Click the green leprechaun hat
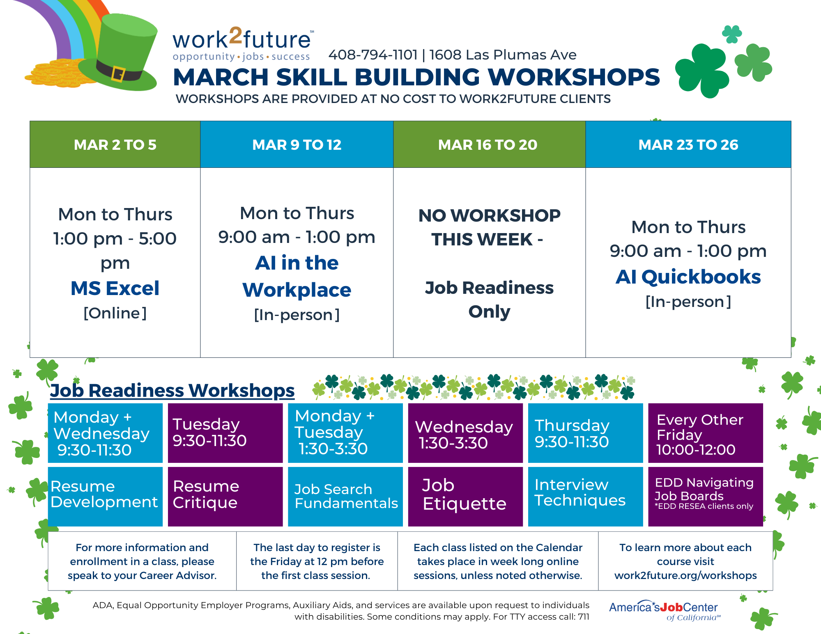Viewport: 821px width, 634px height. click(x=123, y=49)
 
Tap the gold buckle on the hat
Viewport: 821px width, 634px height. click(x=118, y=74)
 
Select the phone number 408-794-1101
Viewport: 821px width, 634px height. click(x=373, y=55)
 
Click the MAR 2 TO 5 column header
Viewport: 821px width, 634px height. click(x=115, y=144)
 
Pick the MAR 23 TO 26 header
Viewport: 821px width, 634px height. click(x=688, y=144)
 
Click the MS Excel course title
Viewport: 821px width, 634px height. click(x=115, y=288)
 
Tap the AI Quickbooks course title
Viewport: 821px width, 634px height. click(x=688, y=277)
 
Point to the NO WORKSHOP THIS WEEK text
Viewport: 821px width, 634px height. click(x=489, y=227)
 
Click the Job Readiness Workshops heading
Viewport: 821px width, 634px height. click(x=172, y=390)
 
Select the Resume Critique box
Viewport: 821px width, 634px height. click(x=225, y=496)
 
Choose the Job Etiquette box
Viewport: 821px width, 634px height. click(x=465, y=496)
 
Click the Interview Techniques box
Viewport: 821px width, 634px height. click(x=585, y=496)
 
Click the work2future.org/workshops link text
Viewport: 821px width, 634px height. click(x=685, y=575)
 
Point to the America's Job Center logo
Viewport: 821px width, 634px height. click(x=664, y=610)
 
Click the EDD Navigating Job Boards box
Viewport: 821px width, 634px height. click(x=705, y=496)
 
